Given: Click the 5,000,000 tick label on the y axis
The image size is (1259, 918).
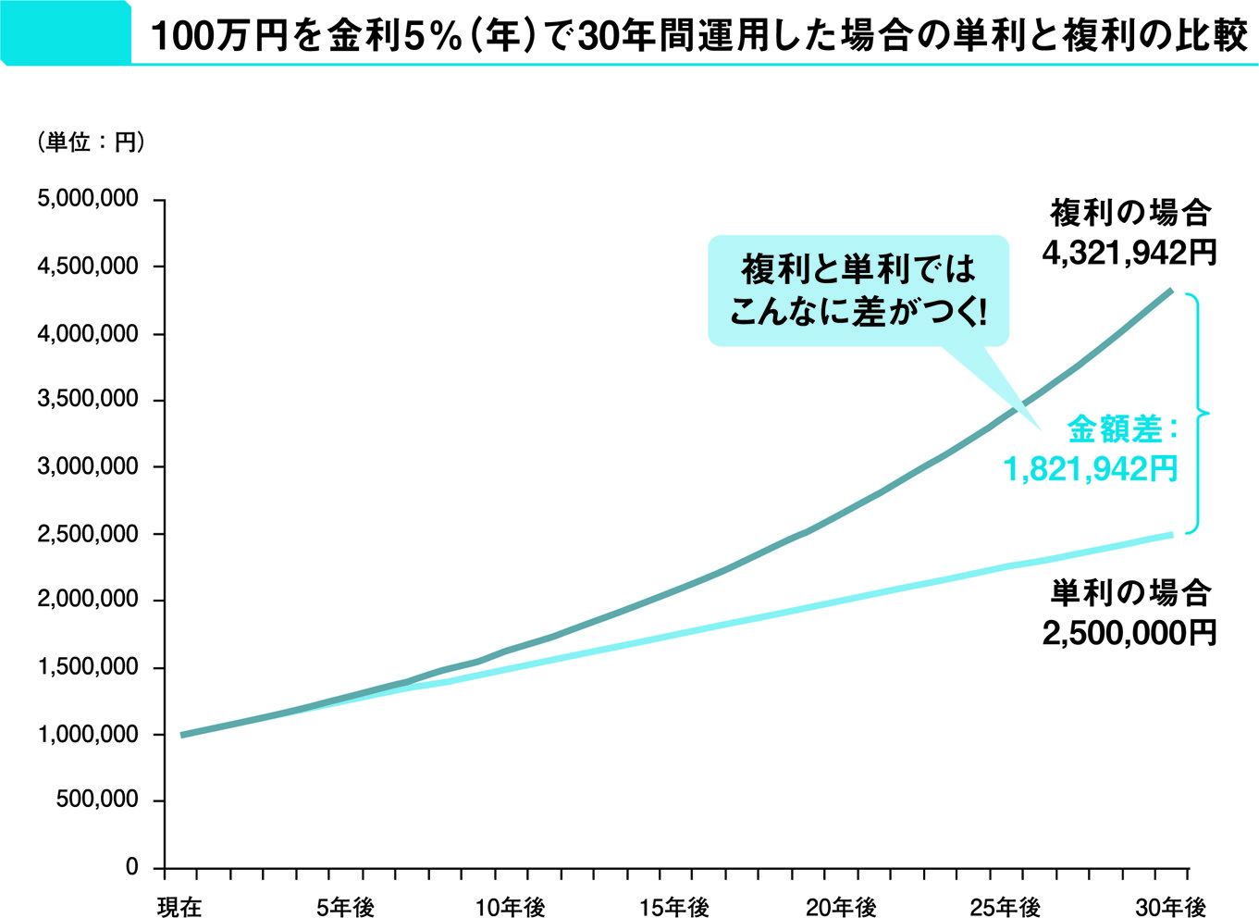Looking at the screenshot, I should [x=88, y=200].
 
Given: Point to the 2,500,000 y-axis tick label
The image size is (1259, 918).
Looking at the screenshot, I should [x=88, y=534].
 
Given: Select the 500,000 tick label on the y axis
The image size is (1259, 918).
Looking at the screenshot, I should [x=97, y=800].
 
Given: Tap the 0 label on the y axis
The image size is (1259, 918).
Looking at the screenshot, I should [x=131, y=868].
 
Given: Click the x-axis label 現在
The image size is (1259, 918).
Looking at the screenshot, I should [x=179, y=907].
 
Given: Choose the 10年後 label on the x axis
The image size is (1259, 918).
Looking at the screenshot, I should [x=511, y=907].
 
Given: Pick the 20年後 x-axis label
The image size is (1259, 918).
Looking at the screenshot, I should [x=840, y=907].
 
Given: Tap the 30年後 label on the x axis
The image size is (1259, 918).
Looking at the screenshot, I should [x=1171, y=907].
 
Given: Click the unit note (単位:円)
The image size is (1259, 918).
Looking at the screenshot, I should [x=90, y=143].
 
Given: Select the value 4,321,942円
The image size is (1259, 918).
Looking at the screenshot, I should [x=1129, y=254].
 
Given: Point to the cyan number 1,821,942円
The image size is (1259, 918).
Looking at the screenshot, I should [x=1091, y=469].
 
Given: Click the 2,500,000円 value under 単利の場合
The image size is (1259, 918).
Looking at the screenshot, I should [x=1129, y=633].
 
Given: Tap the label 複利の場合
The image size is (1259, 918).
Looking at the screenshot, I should [x=1129, y=214].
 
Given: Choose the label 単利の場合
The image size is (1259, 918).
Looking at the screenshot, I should [x=1129, y=592].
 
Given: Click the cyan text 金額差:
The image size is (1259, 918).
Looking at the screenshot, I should [x=1122, y=428].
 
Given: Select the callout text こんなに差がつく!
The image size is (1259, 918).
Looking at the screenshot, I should [x=858, y=312].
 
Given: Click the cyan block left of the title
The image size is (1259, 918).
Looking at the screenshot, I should [x=65, y=32].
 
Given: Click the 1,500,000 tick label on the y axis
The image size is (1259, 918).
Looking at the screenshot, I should [x=88, y=667].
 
